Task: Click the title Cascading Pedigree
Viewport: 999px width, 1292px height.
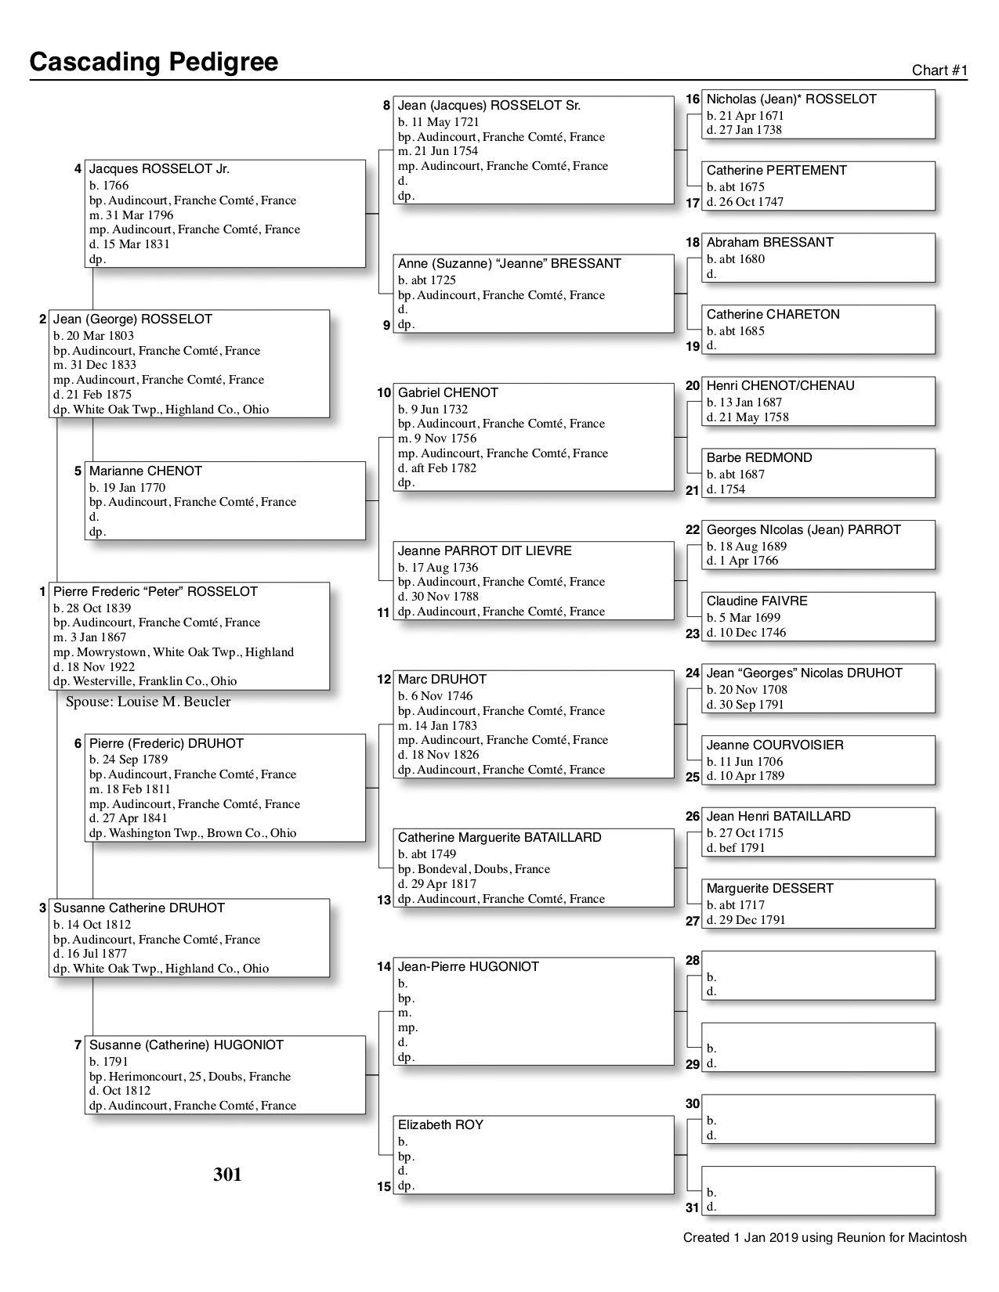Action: tap(154, 62)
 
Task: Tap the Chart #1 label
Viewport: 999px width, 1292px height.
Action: tap(939, 70)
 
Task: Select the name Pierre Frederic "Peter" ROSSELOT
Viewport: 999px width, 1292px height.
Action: tap(155, 592)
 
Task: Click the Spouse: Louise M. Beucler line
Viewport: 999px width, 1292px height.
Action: tap(148, 702)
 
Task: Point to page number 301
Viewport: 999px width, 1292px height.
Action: tap(227, 1175)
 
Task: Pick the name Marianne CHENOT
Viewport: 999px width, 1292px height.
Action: tap(145, 471)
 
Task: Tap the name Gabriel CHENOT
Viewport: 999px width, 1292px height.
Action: tap(447, 393)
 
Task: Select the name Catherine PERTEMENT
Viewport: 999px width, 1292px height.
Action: tap(776, 171)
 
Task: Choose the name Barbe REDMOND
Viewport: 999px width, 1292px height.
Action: tap(759, 458)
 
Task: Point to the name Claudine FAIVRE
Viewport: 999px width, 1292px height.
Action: tap(757, 601)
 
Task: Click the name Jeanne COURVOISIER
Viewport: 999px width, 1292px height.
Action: tap(775, 745)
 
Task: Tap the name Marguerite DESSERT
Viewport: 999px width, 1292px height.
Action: tap(769, 889)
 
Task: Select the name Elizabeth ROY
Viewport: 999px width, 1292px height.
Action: tap(440, 1125)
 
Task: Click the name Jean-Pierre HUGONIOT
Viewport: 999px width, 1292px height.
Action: tap(468, 967)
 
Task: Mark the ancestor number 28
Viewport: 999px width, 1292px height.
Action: tap(693, 961)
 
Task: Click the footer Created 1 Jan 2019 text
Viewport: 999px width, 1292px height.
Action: tap(824, 1238)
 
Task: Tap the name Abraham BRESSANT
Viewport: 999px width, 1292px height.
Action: tap(769, 243)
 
